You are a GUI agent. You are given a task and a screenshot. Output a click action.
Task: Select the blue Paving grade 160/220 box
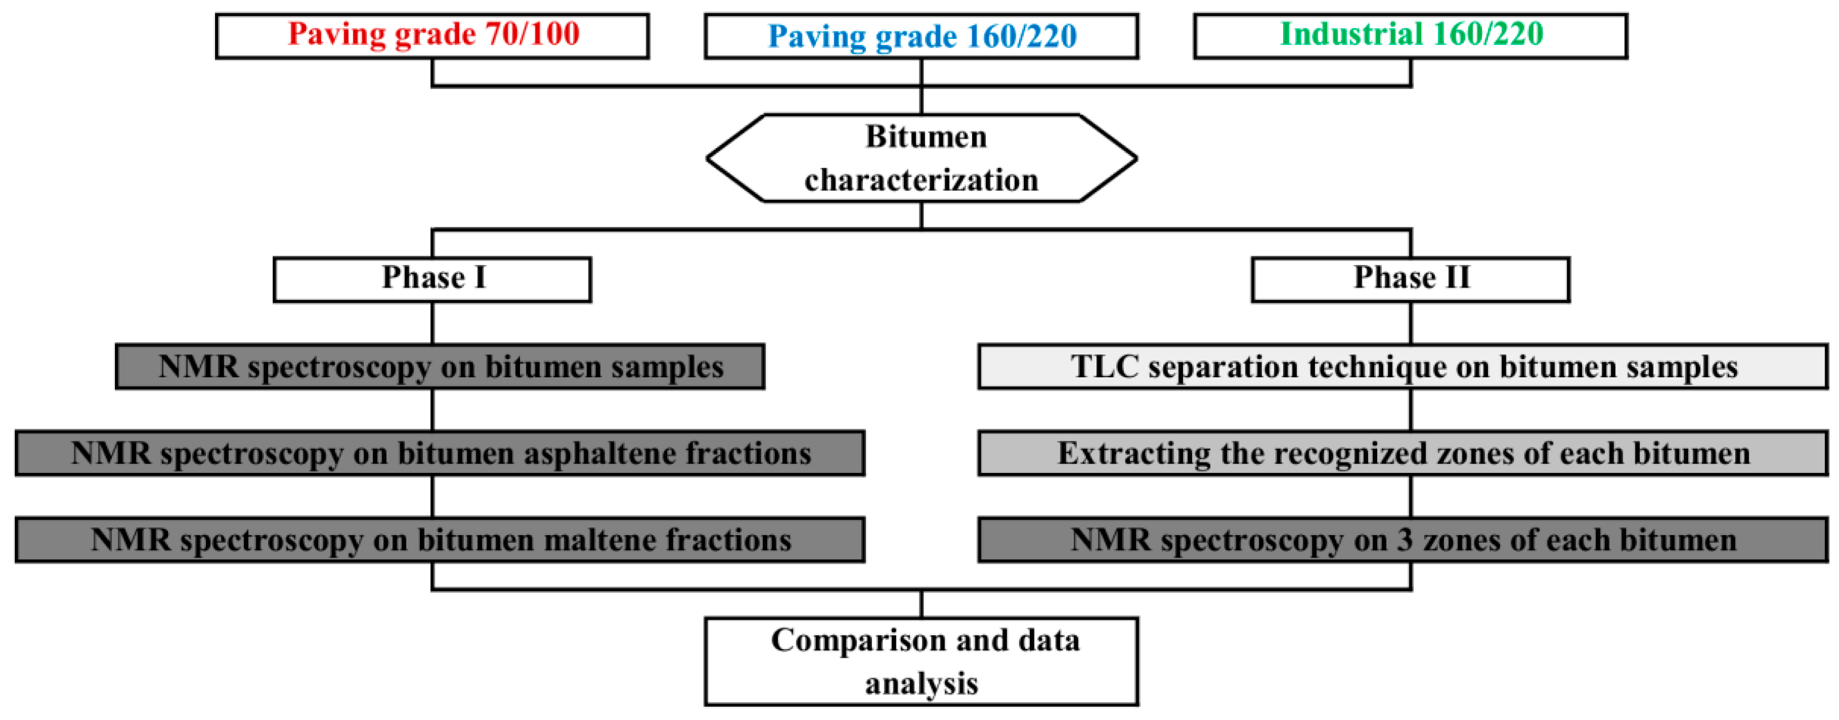coord(921,36)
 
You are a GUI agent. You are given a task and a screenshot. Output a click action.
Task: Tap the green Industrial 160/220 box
coord(1410,36)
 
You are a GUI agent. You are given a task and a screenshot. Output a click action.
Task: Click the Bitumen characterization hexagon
coord(921,158)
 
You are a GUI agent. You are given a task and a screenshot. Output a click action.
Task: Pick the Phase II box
coord(1410,279)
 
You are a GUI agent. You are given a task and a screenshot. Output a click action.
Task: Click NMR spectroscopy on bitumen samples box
coord(440,367)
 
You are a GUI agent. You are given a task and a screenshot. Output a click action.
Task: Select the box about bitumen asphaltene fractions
coord(440,453)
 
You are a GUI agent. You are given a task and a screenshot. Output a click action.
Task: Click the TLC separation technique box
coord(1402,367)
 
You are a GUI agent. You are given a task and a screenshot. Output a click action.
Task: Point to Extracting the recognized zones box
coord(1402,453)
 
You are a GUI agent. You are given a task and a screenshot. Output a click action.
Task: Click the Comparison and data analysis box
coord(921,661)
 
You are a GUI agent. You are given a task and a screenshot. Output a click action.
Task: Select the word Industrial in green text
coord(1351,34)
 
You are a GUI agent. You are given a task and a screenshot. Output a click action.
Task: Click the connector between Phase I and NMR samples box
coord(433,323)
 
